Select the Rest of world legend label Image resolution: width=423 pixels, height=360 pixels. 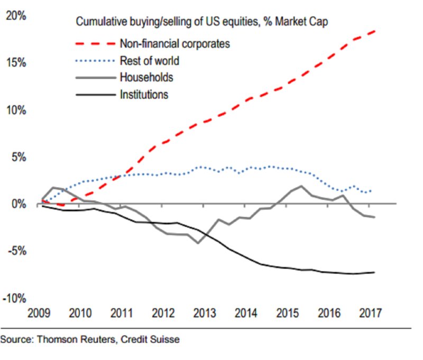(x=150, y=61)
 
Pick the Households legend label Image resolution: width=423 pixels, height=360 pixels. (x=146, y=78)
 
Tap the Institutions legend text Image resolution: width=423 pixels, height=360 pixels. (x=144, y=95)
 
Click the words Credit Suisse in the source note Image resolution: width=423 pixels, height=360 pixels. (x=153, y=339)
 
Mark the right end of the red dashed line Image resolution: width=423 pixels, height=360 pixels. (x=376, y=31)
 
